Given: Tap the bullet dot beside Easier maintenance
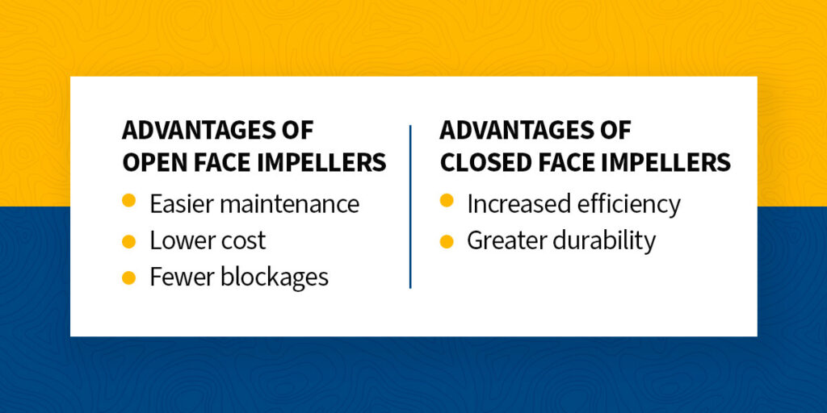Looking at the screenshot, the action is click(128, 200).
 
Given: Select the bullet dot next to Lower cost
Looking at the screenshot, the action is click(128, 241).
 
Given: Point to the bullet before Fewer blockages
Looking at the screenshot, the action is click(128, 277).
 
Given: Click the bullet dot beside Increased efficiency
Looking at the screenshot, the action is click(446, 200).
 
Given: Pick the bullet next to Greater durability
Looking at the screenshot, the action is click(446, 241).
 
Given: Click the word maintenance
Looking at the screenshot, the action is click(290, 204).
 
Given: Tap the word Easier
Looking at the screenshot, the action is click(182, 204).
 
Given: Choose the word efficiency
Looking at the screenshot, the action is click(628, 205).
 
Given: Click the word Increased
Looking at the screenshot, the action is click(518, 204).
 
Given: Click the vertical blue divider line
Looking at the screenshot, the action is click(409, 206).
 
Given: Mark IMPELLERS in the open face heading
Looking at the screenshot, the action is click(323, 163).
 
